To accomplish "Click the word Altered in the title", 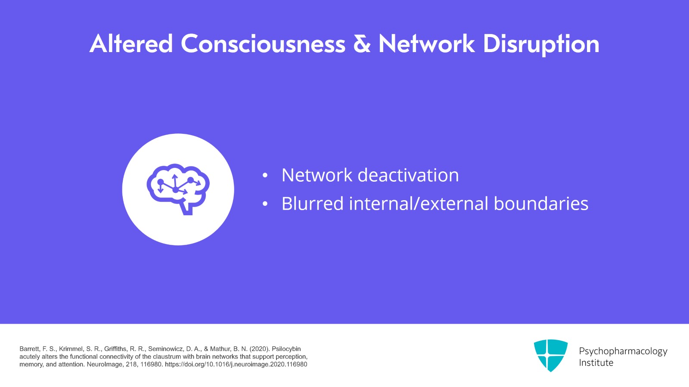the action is click(x=131, y=43).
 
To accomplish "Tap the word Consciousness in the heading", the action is click(x=263, y=43).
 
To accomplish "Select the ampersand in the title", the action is click(x=362, y=43).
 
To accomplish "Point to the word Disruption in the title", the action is click(x=541, y=45).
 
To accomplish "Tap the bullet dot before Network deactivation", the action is click(x=265, y=176).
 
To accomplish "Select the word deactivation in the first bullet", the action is click(x=408, y=175).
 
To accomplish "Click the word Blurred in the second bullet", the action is click(x=313, y=204).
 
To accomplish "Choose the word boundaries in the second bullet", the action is click(x=541, y=204).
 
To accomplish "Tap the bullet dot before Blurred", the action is click(x=265, y=204).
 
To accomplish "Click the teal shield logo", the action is click(x=551, y=355).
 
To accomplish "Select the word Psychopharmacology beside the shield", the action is click(x=623, y=351).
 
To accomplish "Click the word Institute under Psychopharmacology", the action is click(x=596, y=363).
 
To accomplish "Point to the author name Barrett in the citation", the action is click(x=29, y=349).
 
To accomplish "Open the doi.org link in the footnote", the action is click(x=236, y=365).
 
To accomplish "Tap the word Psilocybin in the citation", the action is click(x=286, y=349).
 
